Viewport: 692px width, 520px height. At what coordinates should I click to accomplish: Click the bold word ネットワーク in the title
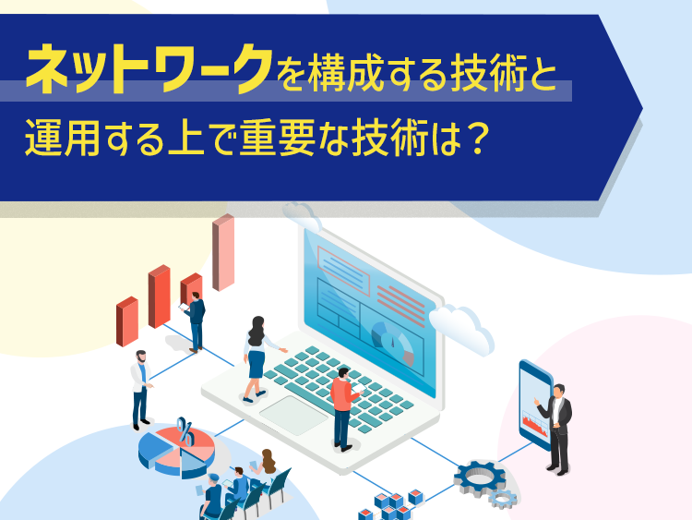click(149, 69)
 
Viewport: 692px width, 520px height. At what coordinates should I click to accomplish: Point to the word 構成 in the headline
click(345, 73)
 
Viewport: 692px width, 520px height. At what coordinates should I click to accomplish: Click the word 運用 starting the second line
click(62, 139)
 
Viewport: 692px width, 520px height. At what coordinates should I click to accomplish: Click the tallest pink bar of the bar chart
click(223, 252)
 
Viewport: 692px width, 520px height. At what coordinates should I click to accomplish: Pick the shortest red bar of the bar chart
click(127, 321)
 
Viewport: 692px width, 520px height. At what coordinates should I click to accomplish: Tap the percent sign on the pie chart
click(185, 430)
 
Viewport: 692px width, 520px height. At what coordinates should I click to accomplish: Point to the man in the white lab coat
click(141, 390)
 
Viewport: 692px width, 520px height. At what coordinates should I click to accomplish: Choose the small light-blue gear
click(503, 500)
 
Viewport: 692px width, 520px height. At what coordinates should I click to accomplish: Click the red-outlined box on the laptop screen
click(343, 270)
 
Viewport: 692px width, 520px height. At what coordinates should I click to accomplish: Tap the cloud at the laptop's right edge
click(461, 328)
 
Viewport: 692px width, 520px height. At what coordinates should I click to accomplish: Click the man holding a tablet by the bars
click(195, 321)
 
